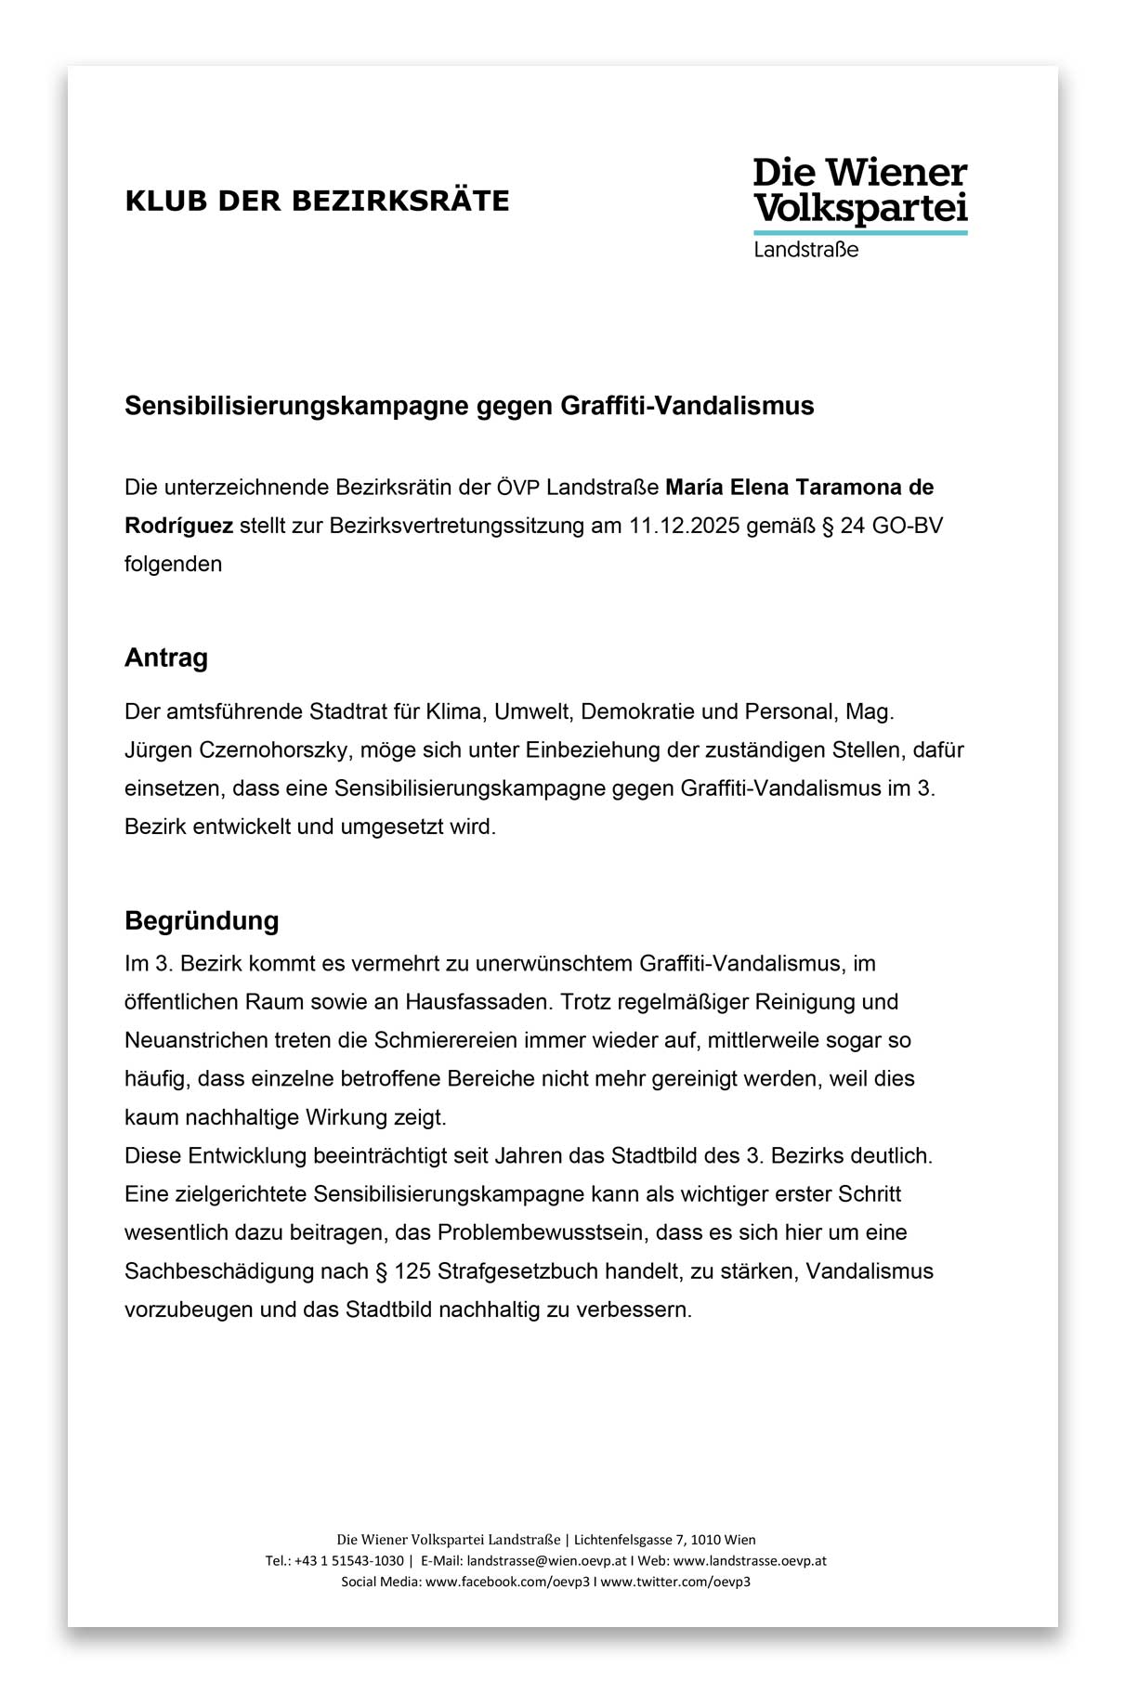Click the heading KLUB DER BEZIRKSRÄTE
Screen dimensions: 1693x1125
317,201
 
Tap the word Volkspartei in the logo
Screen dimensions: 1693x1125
859,208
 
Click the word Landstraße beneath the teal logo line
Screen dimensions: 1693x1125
805,250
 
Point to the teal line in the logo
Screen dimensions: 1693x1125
859,231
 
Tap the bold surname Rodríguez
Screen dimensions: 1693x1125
178,526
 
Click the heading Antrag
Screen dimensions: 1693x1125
166,658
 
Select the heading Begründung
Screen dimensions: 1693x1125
202,921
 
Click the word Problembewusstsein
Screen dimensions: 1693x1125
544,1233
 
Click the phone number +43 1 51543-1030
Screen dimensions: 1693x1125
349,1561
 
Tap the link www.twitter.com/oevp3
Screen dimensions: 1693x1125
675,1582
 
